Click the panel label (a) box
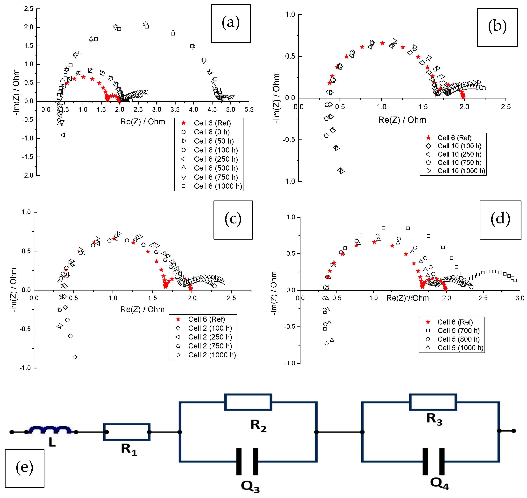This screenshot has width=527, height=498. coord(231,24)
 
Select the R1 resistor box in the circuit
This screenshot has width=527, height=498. coord(127,432)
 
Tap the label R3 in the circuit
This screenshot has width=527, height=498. coord(434,419)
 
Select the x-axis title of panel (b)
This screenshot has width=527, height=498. coord(402,120)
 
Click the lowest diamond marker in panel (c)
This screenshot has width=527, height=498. coord(75,357)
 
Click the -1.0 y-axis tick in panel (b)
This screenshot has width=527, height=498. coord(289,181)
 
